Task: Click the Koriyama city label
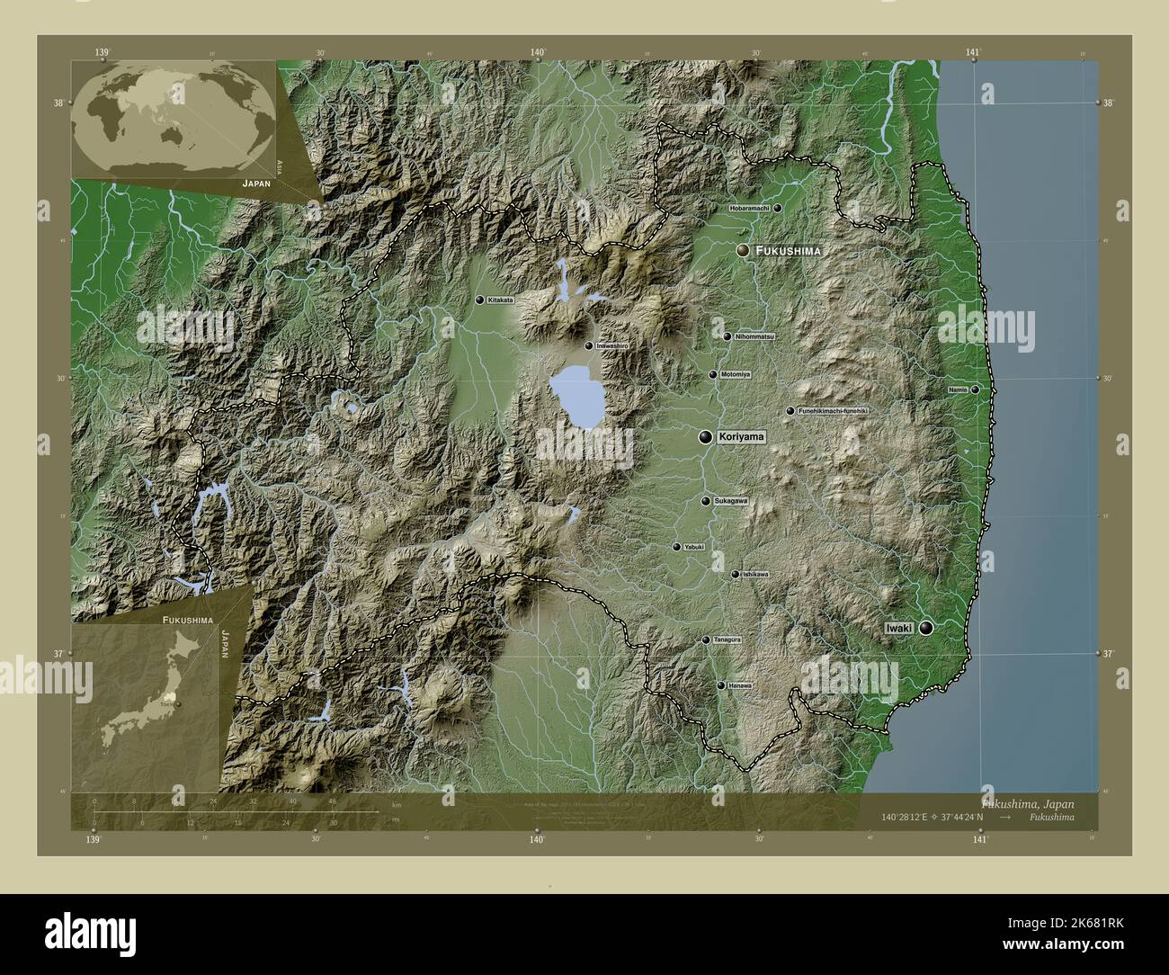tap(741, 438)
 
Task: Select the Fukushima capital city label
tap(788, 251)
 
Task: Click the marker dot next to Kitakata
tap(480, 300)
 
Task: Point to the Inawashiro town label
tap(611, 345)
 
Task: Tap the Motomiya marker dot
tap(712, 374)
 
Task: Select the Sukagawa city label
tap(730, 501)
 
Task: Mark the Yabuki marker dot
tap(676, 546)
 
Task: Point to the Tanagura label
tap(727, 640)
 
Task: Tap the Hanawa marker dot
tap(720, 685)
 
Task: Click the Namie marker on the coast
tap(974, 389)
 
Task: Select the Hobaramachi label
tap(749, 208)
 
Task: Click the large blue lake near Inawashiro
tap(576, 396)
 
